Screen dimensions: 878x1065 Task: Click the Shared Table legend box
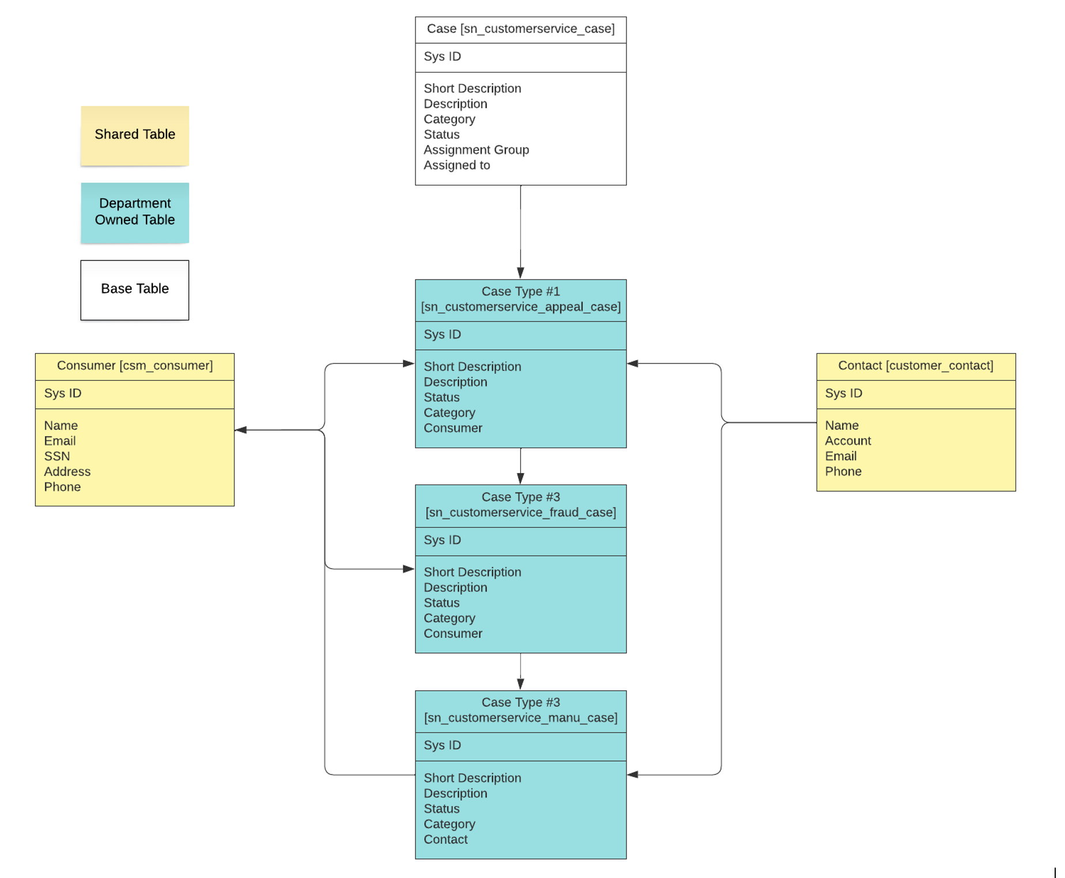(x=134, y=135)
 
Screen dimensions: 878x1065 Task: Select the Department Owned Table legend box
(x=134, y=212)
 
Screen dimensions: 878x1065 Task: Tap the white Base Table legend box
(x=134, y=289)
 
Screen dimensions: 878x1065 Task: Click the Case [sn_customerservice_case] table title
(x=520, y=29)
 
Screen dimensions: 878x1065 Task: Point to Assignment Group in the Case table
(x=476, y=150)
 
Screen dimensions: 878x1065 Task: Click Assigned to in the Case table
(x=456, y=165)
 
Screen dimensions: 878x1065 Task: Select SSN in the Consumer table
(x=56, y=456)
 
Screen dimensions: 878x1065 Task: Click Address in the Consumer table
(x=67, y=472)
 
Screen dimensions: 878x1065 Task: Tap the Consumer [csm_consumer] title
(x=134, y=366)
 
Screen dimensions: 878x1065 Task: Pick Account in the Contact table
(x=847, y=441)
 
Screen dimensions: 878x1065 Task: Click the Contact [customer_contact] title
(x=915, y=366)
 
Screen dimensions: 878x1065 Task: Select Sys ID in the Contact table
(x=843, y=393)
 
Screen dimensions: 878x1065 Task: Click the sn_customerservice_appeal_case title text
(x=520, y=307)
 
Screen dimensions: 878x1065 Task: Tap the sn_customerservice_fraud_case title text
(x=520, y=512)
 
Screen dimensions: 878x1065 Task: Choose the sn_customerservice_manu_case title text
(x=520, y=718)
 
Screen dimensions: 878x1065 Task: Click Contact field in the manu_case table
(x=445, y=839)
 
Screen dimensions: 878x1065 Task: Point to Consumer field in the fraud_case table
(x=452, y=634)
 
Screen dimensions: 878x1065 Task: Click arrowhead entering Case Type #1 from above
(x=520, y=273)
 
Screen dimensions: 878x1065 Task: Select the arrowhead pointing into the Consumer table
(x=241, y=430)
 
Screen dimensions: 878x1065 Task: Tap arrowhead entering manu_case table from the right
(x=633, y=774)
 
